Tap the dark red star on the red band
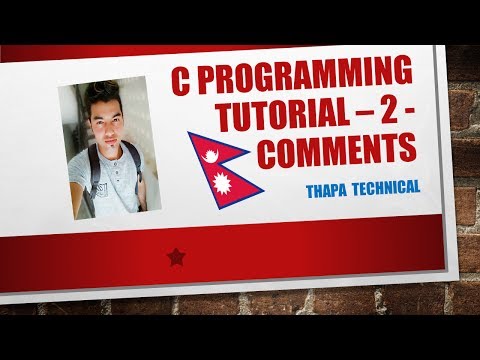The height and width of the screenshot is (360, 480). [x=177, y=258]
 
